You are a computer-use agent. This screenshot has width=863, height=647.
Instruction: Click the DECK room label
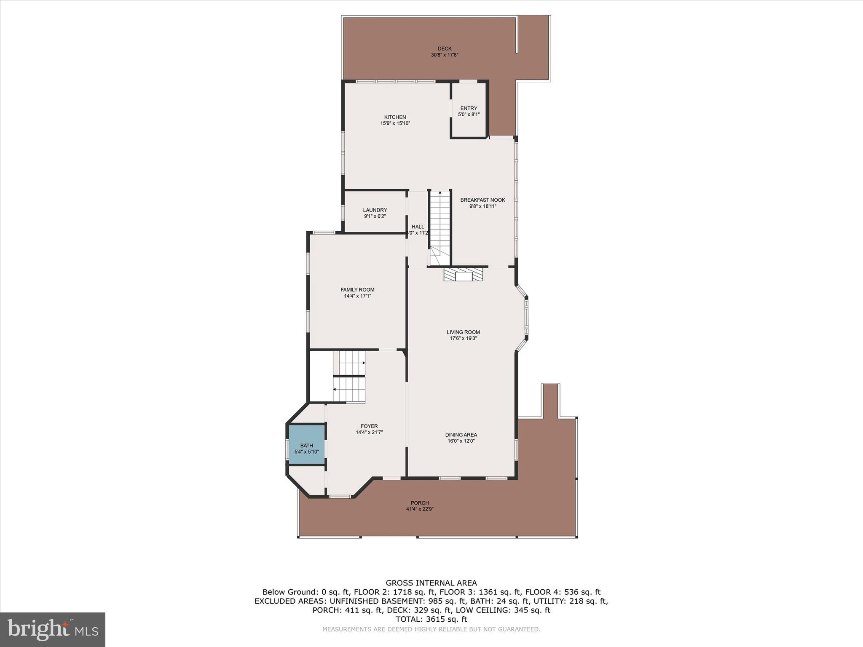tap(444, 48)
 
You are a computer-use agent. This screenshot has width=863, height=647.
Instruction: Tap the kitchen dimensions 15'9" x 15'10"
tap(395, 123)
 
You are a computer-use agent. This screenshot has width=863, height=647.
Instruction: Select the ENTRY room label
tap(469, 108)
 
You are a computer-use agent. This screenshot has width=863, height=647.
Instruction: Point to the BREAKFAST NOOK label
tap(482, 200)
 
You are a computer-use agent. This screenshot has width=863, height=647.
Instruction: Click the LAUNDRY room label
tap(375, 210)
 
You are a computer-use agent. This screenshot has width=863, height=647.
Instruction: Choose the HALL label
tap(418, 227)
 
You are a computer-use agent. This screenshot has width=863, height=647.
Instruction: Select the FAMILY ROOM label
tap(357, 290)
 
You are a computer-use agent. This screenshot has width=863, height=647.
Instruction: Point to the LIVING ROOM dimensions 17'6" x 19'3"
tap(463, 338)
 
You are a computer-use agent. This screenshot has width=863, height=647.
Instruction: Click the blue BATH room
tap(307, 445)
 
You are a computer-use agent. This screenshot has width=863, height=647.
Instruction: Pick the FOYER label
tap(369, 426)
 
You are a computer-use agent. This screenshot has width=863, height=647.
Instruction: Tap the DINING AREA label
tap(461, 435)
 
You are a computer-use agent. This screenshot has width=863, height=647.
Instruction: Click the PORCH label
tap(420, 503)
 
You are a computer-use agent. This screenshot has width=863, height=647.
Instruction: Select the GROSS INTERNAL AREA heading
tap(431, 583)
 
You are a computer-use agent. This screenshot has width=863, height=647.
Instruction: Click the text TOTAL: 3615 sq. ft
tap(431, 619)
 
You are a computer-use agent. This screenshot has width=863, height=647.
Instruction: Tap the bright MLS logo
tap(53, 629)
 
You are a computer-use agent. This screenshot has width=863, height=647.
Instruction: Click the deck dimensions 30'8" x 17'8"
tap(444, 55)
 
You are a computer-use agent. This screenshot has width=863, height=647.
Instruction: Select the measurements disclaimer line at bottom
tap(431, 629)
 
